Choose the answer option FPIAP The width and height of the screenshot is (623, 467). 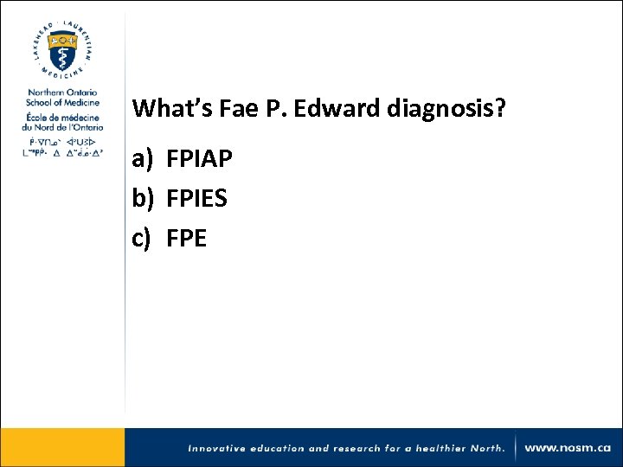click(200, 160)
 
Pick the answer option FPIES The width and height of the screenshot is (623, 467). click(197, 199)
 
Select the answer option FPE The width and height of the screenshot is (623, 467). click(187, 238)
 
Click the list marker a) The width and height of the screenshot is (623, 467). click(143, 160)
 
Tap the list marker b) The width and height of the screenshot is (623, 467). click(144, 199)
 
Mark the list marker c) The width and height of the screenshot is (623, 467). click(142, 238)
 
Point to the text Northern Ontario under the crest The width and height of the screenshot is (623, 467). click(62, 93)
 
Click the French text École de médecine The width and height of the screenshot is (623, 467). click(62, 116)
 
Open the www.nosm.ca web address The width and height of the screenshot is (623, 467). click(568, 448)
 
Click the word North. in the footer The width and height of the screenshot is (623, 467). click(486, 449)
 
